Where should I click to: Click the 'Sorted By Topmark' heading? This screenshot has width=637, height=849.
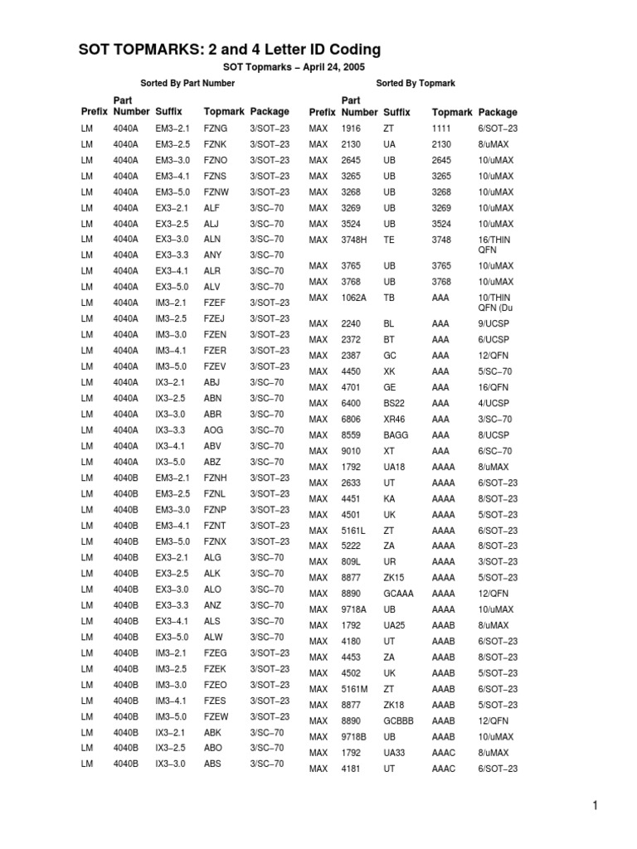416,83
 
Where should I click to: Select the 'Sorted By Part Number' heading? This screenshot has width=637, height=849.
187,83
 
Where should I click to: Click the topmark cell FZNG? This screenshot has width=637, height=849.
215,129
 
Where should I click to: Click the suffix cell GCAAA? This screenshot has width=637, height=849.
398,594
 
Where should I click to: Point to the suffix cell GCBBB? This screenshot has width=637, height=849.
398,720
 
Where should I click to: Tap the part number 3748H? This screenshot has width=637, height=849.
357,240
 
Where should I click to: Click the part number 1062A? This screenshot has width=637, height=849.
355,298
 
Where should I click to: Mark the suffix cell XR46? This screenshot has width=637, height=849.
394,420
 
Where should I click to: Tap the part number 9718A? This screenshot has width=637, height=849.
355,609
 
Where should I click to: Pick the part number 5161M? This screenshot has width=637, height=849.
356,689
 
